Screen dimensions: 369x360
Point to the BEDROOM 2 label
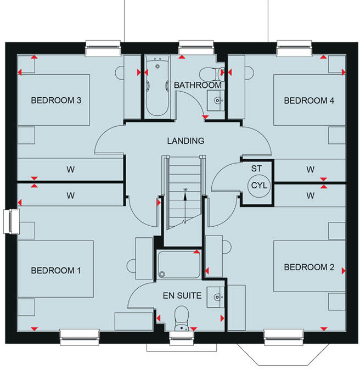point(308,267)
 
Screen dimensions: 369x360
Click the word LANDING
point(185,141)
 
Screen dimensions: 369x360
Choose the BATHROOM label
point(198,86)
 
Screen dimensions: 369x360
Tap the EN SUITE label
point(182,295)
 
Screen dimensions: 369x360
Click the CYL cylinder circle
point(258,185)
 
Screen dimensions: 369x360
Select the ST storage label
point(256,169)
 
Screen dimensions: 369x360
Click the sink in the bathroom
point(217,100)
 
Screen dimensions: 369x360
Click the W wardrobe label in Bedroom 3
point(70,170)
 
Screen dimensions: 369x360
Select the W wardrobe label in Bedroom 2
point(311,195)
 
